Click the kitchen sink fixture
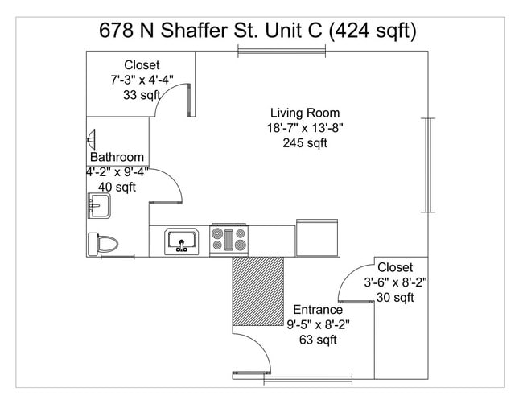point(183,241)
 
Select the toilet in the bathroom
point(103,242)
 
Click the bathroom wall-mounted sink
point(97,206)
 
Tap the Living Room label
point(304,113)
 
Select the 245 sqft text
point(304,144)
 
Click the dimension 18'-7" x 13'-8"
point(304,129)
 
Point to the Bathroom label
point(117,158)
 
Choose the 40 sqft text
point(116,188)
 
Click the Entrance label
point(317,310)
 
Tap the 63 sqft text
point(317,340)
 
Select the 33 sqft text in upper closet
point(142,95)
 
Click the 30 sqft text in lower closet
point(395,298)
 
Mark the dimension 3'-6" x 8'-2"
point(395,282)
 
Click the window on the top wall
point(282,52)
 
